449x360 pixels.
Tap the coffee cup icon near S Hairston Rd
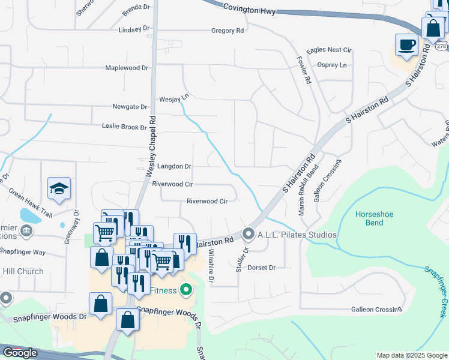(x=406, y=45)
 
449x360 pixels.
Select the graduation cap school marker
(x=59, y=188)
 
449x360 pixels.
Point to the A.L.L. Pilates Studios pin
(x=249, y=234)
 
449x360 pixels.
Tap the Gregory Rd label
(x=228, y=31)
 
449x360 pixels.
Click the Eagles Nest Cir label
(x=328, y=50)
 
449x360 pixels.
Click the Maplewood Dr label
(x=126, y=68)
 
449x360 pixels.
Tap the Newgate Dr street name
(x=130, y=107)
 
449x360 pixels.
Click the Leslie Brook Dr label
(x=124, y=127)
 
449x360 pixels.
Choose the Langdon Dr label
(x=174, y=166)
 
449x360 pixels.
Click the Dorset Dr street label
(x=261, y=268)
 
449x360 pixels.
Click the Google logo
(x=20, y=353)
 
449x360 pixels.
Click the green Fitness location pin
(x=185, y=291)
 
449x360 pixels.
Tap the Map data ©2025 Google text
(x=411, y=355)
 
